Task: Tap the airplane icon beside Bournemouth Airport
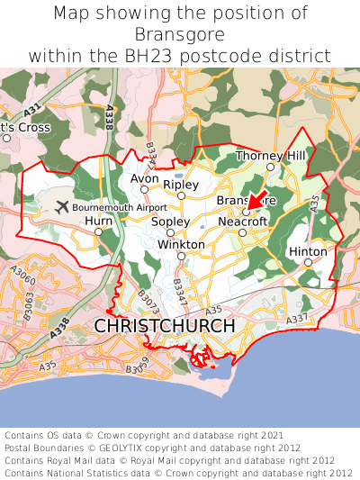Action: click(x=61, y=207)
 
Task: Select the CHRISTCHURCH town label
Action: click(x=165, y=325)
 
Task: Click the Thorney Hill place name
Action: click(x=271, y=156)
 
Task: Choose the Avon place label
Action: click(x=145, y=178)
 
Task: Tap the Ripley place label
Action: click(x=181, y=185)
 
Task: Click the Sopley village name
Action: click(x=170, y=222)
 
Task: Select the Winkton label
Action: click(x=181, y=244)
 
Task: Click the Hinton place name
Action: click(x=307, y=251)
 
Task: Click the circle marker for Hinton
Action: click(x=309, y=263)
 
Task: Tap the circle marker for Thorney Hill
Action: click(x=271, y=167)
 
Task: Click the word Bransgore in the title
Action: click(x=180, y=34)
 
